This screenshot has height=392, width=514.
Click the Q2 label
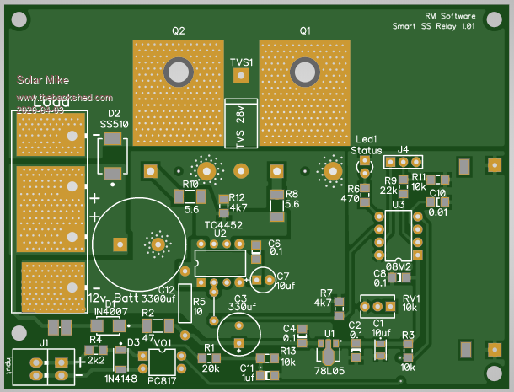coord(179,30)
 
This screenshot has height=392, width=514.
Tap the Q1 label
coord(305,30)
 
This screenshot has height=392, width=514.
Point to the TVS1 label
coord(241,62)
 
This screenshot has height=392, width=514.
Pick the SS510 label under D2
coord(115,125)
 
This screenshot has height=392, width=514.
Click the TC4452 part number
coord(224,225)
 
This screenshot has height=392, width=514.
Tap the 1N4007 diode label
coord(110,311)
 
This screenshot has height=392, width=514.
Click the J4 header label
coord(403,149)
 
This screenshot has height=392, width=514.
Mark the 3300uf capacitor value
coord(158,298)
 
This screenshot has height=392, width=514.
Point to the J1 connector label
coord(44,343)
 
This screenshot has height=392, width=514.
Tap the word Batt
coord(126,298)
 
